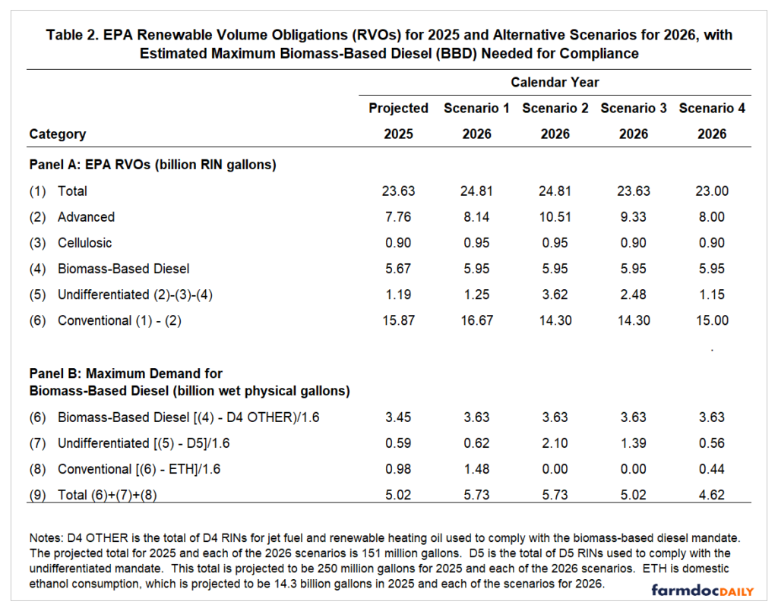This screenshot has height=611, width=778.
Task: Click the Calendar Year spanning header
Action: point(555,82)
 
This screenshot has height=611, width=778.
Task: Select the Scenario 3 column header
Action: point(634,108)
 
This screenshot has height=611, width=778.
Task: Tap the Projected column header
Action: point(398,108)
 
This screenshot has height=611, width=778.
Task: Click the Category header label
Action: point(58,134)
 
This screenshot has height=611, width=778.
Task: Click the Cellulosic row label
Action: point(84,243)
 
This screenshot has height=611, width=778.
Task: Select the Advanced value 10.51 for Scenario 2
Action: point(555,217)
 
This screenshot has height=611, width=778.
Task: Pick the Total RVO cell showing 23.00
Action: point(712,191)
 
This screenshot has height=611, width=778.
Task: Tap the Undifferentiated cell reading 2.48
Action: point(634,294)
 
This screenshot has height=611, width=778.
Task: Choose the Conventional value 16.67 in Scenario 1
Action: point(477,320)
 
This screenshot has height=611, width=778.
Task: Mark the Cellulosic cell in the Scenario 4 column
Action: point(712,243)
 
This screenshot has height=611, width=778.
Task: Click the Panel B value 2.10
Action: point(555,443)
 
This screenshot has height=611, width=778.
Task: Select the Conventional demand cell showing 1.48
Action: point(477,469)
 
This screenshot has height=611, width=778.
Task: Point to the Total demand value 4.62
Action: point(712,495)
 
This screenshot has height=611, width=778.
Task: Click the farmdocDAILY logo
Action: point(699,589)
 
